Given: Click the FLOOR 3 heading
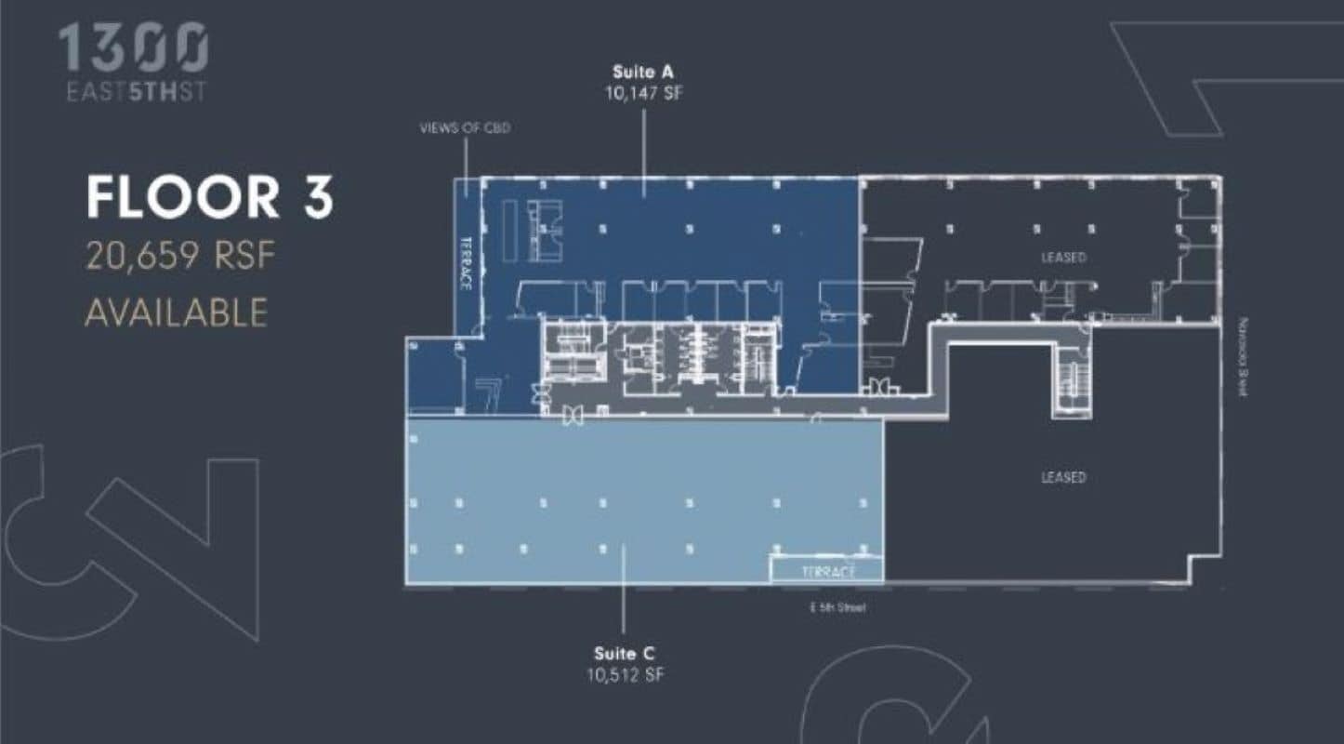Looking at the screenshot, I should click(x=209, y=198).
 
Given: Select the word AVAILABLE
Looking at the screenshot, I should click(x=176, y=312).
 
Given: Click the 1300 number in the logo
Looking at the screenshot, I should click(x=133, y=47).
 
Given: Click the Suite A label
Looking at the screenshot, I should click(x=642, y=72).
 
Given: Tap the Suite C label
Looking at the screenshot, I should click(x=625, y=655).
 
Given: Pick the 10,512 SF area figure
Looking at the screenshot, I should click(x=625, y=675).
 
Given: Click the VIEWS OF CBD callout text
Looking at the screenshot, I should click(x=465, y=127).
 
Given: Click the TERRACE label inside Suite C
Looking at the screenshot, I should click(x=826, y=572).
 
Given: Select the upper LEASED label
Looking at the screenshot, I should click(x=1063, y=257).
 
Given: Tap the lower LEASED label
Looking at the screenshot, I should click(x=1063, y=477).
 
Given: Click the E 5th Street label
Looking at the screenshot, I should click(x=837, y=607).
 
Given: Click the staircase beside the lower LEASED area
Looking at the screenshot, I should click(x=1072, y=380).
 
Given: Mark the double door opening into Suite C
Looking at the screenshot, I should click(x=573, y=417).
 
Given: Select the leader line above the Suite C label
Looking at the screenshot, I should click(x=624, y=595).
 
